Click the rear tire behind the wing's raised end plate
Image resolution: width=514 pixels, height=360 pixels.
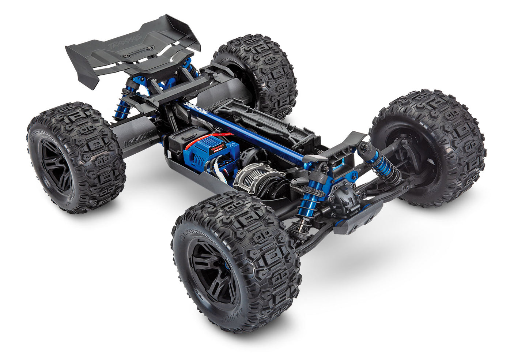[256, 73]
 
